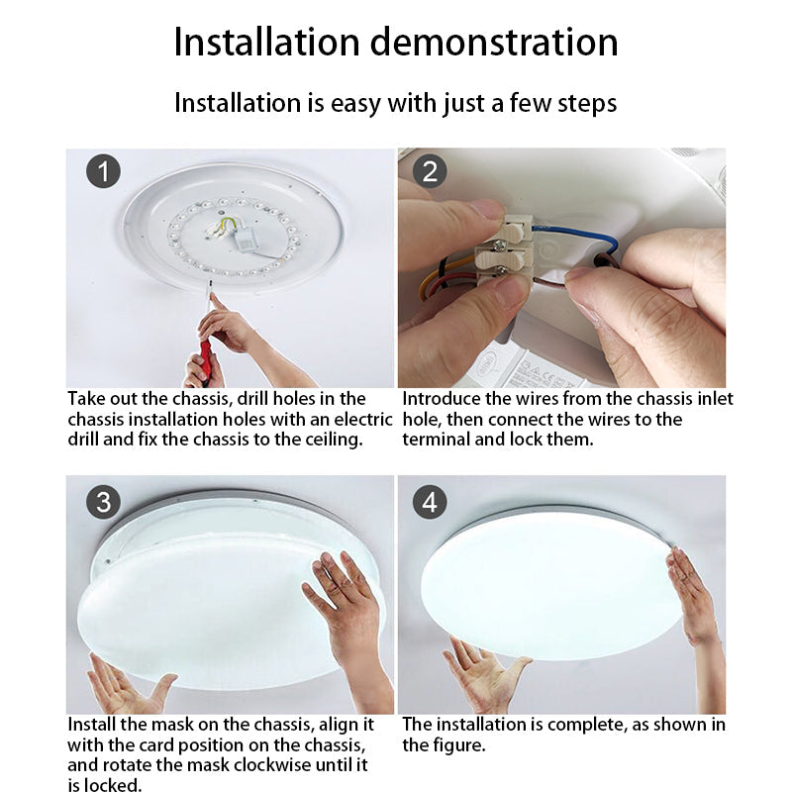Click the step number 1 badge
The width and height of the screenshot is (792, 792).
(x=104, y=171)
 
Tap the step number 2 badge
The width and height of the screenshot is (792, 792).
(x=430, y=171)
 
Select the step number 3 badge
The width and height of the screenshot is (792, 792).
(x=104, y=502)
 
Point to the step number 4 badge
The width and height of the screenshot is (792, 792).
(x=430, y=502)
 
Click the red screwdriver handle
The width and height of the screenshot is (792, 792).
(x=206, y=360)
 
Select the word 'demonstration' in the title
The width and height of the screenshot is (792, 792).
(x=494, y=43)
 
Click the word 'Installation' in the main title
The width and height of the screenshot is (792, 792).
(x=266, y=43)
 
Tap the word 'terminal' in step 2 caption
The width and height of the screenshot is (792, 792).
(x=436, y=440)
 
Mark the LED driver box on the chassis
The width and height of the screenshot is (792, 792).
(x=247, y=239)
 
